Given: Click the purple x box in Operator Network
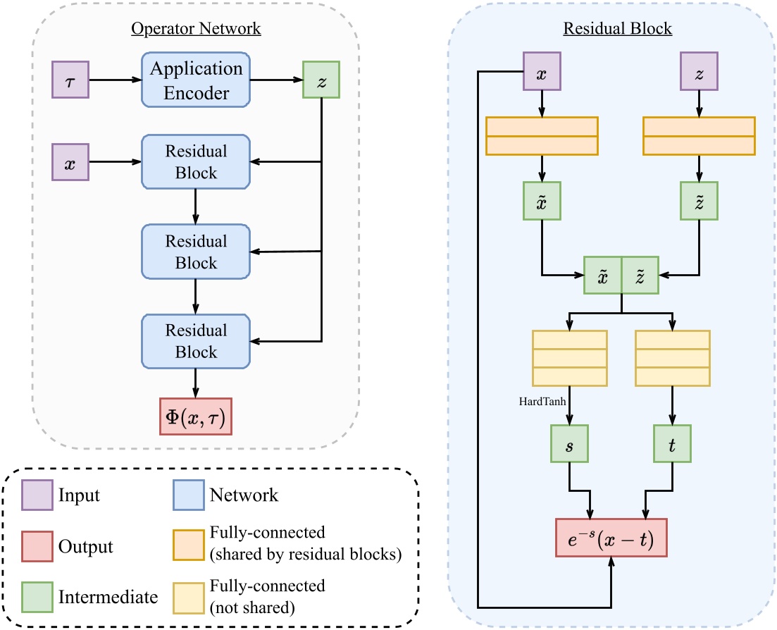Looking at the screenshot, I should click(70, 162).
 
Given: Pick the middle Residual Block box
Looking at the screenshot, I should click(195, 252).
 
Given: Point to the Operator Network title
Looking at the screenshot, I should click(195, 29).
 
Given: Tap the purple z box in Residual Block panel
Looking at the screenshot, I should click(698, 73).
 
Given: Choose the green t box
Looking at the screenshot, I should click(672, 444).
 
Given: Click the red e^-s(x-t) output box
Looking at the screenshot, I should click(611, 540).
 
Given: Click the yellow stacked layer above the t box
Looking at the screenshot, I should click(672, 357).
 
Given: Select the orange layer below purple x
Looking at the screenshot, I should click(542, 135).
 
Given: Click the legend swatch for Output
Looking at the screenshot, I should click(35, 546).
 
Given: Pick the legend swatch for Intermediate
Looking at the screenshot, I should click(35, 598).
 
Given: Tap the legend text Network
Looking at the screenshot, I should click(244, 495).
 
